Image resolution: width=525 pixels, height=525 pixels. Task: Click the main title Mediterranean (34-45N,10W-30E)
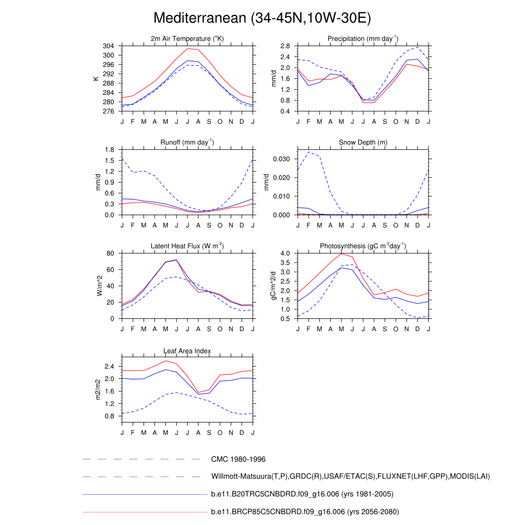(262, 18)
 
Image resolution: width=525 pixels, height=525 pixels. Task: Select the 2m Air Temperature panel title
(187, 38)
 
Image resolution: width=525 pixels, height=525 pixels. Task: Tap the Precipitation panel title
(363, 38)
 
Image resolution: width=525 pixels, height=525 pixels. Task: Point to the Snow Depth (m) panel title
(363, 142)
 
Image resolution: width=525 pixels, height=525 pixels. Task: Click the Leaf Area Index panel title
(187, 351)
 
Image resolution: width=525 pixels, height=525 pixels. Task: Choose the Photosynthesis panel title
(363, 246)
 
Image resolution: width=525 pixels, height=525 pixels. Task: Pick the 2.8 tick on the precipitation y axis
(286, 46)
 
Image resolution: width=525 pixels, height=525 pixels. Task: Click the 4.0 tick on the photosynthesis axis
(286, 253)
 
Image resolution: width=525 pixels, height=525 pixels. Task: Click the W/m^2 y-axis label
(99, 286)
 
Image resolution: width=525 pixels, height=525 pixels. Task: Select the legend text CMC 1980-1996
(238, 459)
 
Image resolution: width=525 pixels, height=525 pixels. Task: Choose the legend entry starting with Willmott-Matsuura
(350, 477)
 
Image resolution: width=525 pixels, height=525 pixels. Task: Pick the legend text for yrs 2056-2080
(305, 512)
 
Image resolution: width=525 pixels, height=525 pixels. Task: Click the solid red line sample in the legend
(144, 512)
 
